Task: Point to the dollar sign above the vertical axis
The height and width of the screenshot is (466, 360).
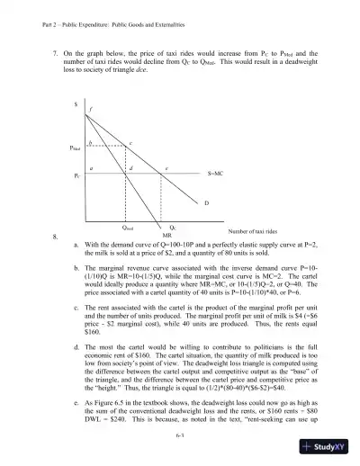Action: click(x=76, y=105)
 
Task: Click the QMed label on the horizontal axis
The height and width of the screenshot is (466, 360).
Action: click(x=129, y=227)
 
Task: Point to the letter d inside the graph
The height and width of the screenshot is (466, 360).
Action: click(x=132, y=168)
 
